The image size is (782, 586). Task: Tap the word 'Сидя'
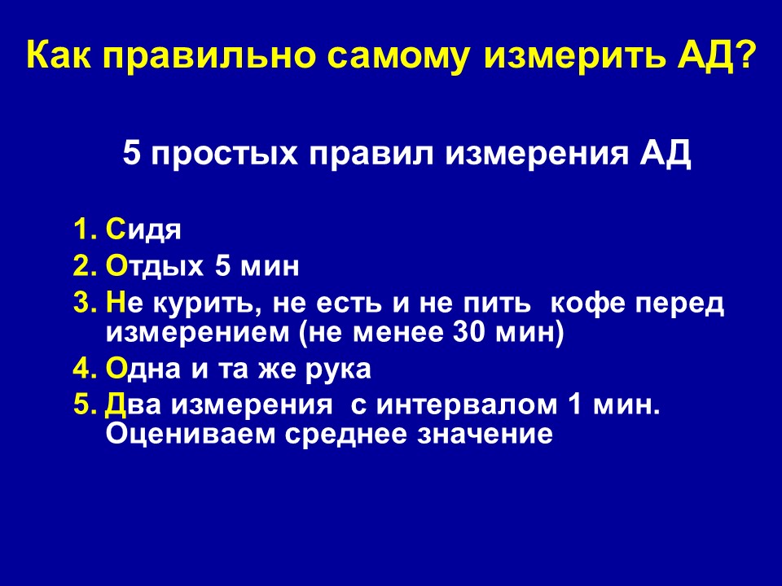[x=143, y=230]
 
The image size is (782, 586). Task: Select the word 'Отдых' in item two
[x=155, y=267]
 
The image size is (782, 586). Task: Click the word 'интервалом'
[x=467, y=405]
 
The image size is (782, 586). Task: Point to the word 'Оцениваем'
[x=190, y=434]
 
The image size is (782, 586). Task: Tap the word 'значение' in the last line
[x=485, y=435]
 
